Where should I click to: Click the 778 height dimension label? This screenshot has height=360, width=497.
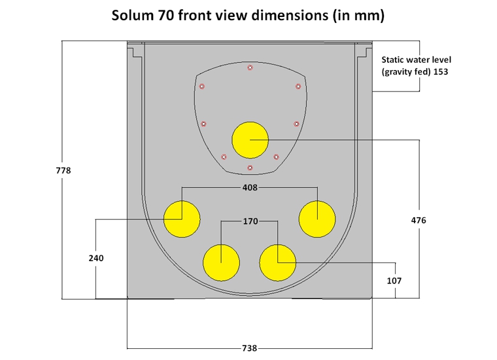click(x=63, y=170)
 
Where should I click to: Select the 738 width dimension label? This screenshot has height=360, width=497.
click(x=250, y=348)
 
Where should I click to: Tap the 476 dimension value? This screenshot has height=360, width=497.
click(x=418, y=221)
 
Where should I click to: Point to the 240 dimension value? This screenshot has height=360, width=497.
click(x=95, y=259)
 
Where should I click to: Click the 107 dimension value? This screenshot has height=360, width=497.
click(x=394, y=280)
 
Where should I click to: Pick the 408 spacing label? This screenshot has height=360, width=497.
click(x=250, y=187)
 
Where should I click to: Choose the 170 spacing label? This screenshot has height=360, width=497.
click(x=250, y=221)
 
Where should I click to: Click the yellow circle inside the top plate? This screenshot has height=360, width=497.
click(x=250, y=140)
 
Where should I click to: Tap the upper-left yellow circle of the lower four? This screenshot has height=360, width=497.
click(x=182, y=218)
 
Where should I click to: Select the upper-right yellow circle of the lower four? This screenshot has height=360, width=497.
click(x=317, y=218)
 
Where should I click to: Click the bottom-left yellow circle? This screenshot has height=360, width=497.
click(x=221, y=262)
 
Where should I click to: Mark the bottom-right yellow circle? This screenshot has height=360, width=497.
click(x=278, y=262)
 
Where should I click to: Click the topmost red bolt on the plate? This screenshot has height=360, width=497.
click(x=250, y=68)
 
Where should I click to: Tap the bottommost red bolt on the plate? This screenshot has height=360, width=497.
click(x=250, y=168)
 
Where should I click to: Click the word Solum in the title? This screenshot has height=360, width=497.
click(x=133, y=16)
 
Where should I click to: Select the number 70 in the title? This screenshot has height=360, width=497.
click(x=167, y=16)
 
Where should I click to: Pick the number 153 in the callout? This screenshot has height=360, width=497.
click(x=440, y=71)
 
